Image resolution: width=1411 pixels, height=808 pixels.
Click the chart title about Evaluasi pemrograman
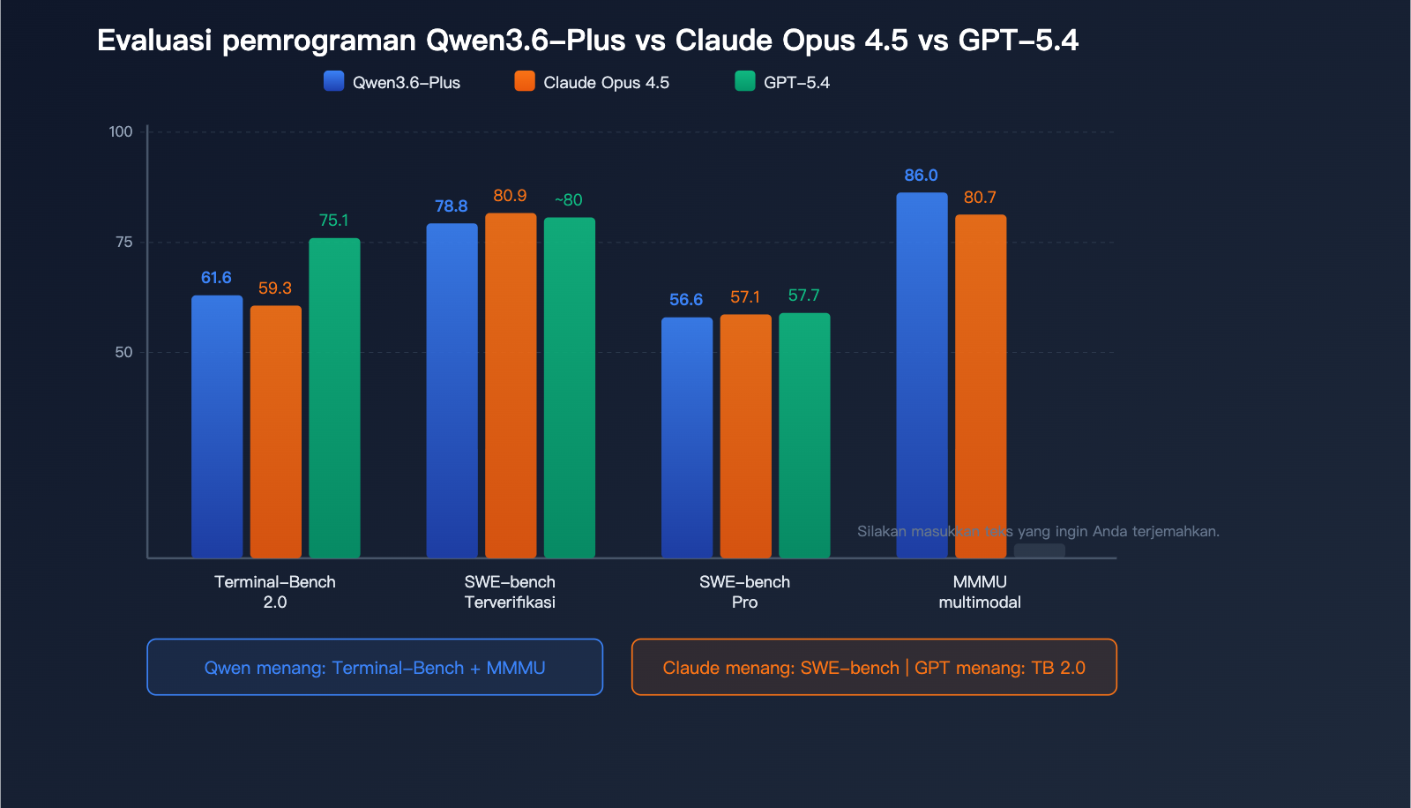pyautogui.click(x=587, y=41)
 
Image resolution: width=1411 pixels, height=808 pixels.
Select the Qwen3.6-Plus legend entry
pyautogui.click(x=392, y=82)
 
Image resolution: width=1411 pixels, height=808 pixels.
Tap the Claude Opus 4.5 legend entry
pyautogui.click(x=593, y=82)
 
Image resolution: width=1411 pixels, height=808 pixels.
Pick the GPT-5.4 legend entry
pyautogui.click(x=783, y=82)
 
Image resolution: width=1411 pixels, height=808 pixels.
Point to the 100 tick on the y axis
pyautogui.click(x=121, y=131)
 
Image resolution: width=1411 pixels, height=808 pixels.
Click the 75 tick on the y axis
pyautogui.click(x=124, y=242)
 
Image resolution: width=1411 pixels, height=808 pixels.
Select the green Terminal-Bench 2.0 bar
pyautogui.click(x=334, y=397)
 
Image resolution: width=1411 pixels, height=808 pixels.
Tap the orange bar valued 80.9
pyautogui.click(x=511, y=385)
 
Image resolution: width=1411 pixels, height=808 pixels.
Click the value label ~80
pyautogui.click(x=568, y=200)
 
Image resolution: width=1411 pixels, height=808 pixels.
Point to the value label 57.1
pyautogui.click(x=745, y=297)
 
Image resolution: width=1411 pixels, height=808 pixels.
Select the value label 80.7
pyautogui.click(x=980, y=198)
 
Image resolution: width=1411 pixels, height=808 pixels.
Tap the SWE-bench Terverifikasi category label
pyautogui.click(x=510, y=592)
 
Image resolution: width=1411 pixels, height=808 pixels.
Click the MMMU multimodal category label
pyautogui.click(x=980, y=592)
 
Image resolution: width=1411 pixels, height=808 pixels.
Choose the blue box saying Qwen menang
pyautogui.click(x=375, y=667)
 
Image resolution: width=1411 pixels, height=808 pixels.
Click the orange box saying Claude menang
pyautogui.click(x=874, y=667)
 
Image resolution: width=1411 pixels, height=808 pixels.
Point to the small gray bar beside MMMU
pyautogui.click(x=1039, y=551)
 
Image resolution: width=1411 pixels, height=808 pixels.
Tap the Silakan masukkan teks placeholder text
pyautogui.click(x=1038, y=531)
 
